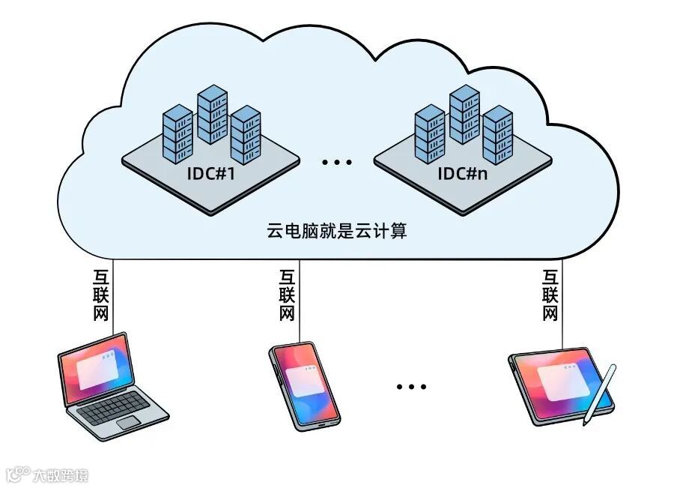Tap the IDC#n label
coord(464,174)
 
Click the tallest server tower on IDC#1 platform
coord(212,114)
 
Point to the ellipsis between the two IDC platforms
coord(336,161)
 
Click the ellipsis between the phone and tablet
coord(411,386)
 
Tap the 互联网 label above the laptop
coord(102,295)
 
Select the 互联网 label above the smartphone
coord(287,295)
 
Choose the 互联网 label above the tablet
coord(550,295)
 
